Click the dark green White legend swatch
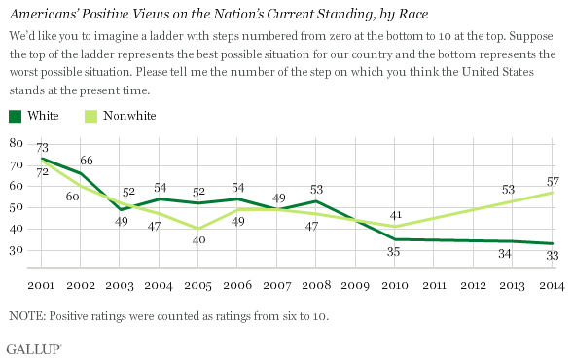tap(15, 116)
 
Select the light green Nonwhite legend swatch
tap(91, 116)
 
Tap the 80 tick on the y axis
tap(17, 143)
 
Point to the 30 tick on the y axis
tap(17, 250)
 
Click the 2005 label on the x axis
tap(197, 285)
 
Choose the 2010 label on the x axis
tap(395, 285)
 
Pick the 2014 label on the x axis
tap(552, 285)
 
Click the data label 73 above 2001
tap(42, 148)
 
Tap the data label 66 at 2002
tap(87, 161)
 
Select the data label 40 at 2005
tap(199, 240)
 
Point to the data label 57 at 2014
tap(553, 181)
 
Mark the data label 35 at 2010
tap(394, 252)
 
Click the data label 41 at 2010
tap(395, 215)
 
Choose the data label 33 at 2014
tap(553, 256)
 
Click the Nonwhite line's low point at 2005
tap(198, 229)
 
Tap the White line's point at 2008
tap(316, 201)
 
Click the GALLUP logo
tap(34, 349)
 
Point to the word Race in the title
tap(412, 14)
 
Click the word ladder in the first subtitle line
tap(169, 36)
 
